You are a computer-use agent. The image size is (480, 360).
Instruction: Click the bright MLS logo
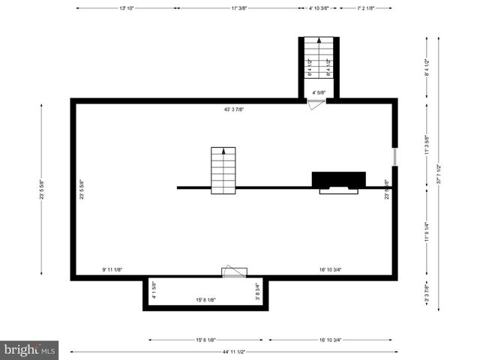pyautogui.click(x=30, y=349)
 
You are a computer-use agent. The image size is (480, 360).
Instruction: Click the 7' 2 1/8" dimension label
pyautogui.click(x=364, y=8)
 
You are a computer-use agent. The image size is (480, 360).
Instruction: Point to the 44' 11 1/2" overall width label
pyautogui.click(x=234, y=351)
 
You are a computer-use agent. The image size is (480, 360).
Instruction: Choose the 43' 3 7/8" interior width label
pyautogui.click(x=234, y=109)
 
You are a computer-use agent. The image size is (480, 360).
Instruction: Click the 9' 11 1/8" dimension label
pyautogui.click(x=112, y=270)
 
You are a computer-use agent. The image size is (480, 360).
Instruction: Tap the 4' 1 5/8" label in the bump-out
pyautogui.click(x=154, y=291)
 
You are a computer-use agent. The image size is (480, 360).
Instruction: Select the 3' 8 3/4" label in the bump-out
pyautogui.click(x=257, y=291)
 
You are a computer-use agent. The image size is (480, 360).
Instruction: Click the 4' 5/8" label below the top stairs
pyautogui.click(x=319, y=93)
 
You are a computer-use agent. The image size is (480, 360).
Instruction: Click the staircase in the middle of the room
pyautogui.click(x=223, y=169)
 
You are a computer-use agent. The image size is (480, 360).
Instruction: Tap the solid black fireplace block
pyautogui.click(x=338, y=180)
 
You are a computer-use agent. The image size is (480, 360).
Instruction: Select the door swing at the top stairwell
pyautogui.click(x=317, y=105)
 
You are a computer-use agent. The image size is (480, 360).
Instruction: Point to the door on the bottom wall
pyautogui.click(x=233, y=272)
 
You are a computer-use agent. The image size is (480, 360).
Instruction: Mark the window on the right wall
pyautogui.click(x=394, y=157)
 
